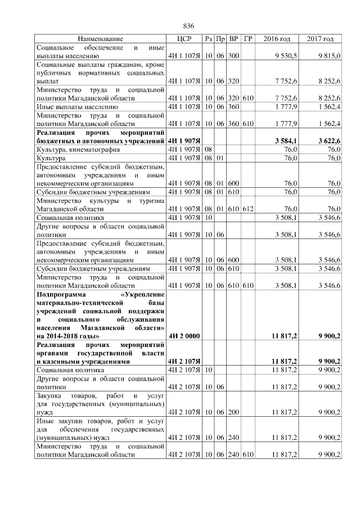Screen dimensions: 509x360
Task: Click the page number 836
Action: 188,26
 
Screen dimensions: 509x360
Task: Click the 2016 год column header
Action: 277,39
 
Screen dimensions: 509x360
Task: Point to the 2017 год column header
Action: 321,39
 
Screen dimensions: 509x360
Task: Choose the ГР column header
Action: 248,39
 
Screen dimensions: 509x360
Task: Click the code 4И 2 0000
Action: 184,337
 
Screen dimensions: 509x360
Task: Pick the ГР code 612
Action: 248,209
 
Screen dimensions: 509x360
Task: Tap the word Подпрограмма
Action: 63,294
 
